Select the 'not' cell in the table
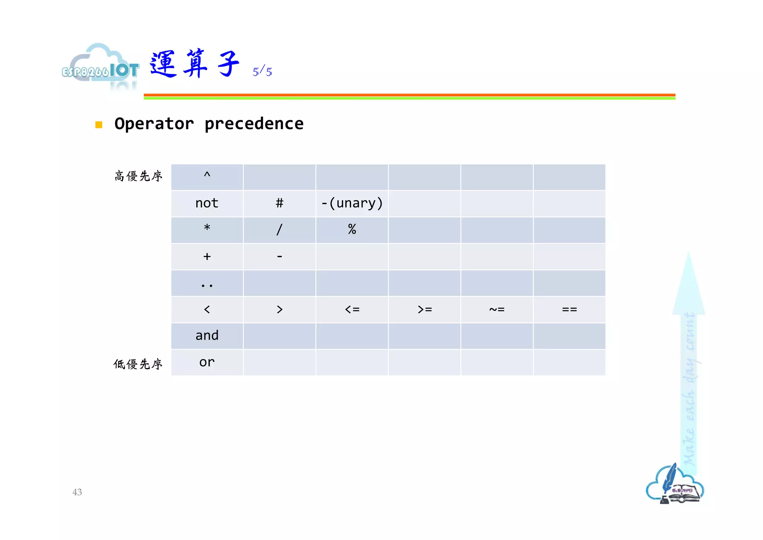(x=207, y=203)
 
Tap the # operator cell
(x=279, y=203)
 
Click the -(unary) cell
(x=352, y=203)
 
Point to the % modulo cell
(x=352, y=229)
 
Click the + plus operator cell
(x=207, y=257)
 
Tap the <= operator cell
(x=352, y=310)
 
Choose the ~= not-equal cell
(x=497, y=310)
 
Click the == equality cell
(x=569, y=310)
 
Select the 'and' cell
(x=207, y=336)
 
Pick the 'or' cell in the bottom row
(x=207, y=362)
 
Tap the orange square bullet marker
(x=99, y=125)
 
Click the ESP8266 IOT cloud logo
(x=101, y=67)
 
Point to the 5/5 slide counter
(x=262, y=71)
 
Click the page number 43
(x=77, y=492)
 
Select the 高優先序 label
(x=138, y=176)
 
